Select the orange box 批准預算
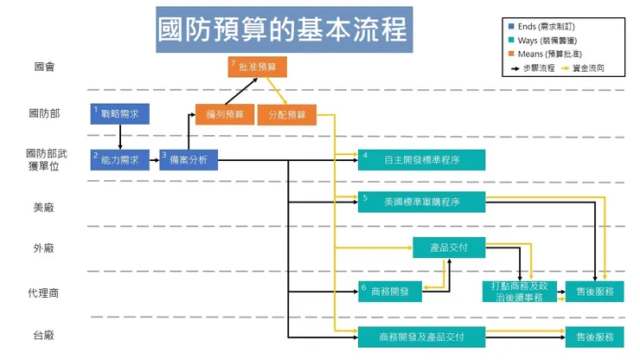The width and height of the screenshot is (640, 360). click(x=257, y=67)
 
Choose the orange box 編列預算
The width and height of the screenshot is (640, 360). click(x=218, y=114)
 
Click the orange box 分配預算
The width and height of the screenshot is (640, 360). click(x=286, y=114)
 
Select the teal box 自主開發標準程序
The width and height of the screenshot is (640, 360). click(x=421, y=160)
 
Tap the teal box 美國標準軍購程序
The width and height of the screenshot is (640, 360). click(x=421, y=202)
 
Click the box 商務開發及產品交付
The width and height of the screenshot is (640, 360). click(x=421, y=337)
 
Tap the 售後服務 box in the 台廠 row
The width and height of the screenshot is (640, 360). click(x=594, y=337)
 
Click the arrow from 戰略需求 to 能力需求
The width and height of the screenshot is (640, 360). click(x=119, y=137)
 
